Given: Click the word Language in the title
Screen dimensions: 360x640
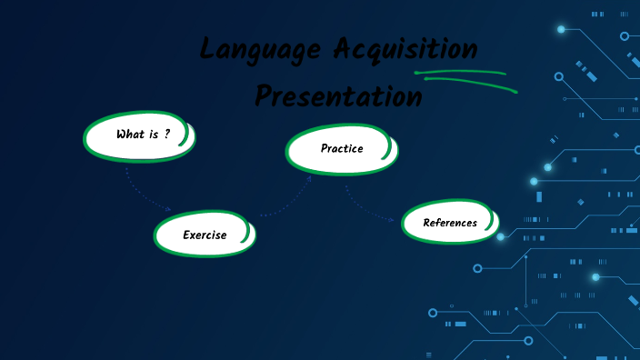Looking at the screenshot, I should click(249, 50).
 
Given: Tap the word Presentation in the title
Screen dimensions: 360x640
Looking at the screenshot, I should click(338, 95).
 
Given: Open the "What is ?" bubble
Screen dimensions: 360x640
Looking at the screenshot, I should click(139, 135).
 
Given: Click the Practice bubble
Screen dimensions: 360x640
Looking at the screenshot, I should click(341, 148).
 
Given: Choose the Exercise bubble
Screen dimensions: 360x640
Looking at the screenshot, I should click(205, 235).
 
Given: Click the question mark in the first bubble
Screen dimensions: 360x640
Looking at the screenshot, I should click(167, 134).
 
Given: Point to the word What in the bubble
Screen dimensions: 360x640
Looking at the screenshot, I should click(130, 135).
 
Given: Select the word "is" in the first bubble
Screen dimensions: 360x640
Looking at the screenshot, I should click(154, 135).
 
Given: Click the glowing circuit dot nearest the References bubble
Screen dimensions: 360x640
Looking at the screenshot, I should click(500, 236).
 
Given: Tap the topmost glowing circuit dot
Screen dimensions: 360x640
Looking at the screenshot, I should click(561, 29).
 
